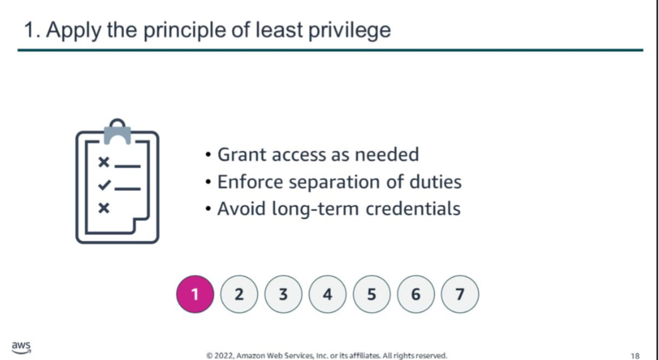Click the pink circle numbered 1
tap(195, 294)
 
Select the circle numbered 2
tap(239, 294)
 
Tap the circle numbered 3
tap(283, 294)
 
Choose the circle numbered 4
tap(327, 294)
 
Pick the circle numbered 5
tap(371, 294)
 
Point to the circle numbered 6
tap(415, 294)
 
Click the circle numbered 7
tap(459, 294)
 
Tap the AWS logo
tap(21, 347)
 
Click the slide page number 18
tap(635, 356)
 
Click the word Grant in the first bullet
tap(242, 155)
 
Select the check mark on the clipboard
tap(104, 185)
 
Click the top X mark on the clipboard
tap(104, 162)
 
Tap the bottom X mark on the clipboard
tap(104, 208)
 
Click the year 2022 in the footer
tap(223, 356)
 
